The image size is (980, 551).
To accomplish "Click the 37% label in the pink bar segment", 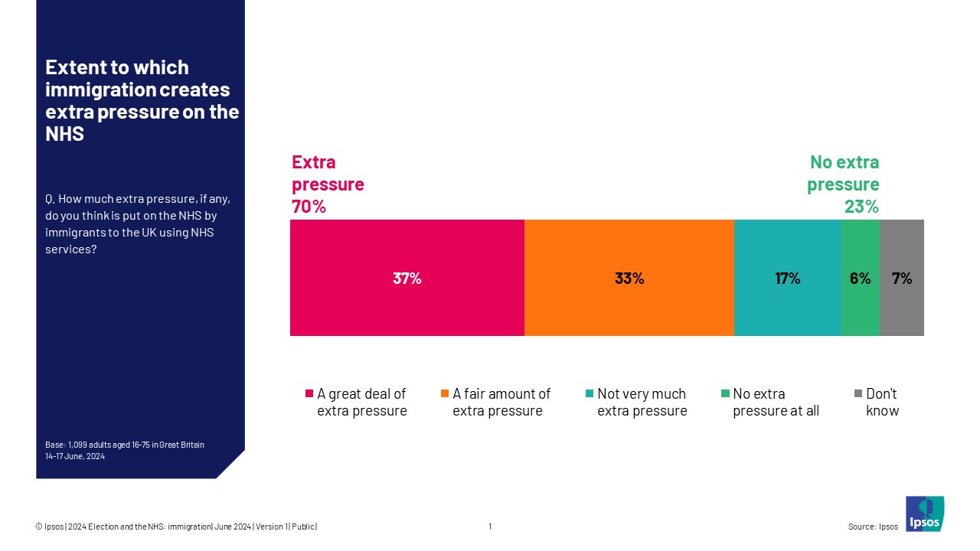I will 407,279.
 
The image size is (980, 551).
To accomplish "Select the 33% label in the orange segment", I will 629,279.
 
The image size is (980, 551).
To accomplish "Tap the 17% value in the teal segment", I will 787,279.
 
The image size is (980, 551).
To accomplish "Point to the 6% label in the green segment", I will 860,279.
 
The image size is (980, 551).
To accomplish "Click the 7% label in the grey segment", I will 902,279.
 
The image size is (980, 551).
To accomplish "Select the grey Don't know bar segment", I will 902,314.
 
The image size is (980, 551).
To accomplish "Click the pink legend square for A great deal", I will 309,394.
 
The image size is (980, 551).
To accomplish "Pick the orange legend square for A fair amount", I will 445,394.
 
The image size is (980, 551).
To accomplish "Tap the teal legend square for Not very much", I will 590,394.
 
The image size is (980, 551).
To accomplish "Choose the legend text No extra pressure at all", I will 775,403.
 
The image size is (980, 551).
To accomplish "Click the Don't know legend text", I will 882,403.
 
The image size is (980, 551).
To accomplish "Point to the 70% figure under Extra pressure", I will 309,207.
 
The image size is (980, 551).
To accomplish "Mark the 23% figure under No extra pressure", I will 861,207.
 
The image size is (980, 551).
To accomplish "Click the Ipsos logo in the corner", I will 924,514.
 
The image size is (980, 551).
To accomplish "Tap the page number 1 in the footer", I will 490,527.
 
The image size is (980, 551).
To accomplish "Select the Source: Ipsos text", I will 873,527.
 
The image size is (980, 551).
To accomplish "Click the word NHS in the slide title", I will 64,135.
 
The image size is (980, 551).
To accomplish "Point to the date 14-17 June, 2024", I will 74,456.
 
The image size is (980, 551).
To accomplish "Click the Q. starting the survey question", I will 51,199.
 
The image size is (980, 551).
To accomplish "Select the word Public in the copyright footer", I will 303,527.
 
